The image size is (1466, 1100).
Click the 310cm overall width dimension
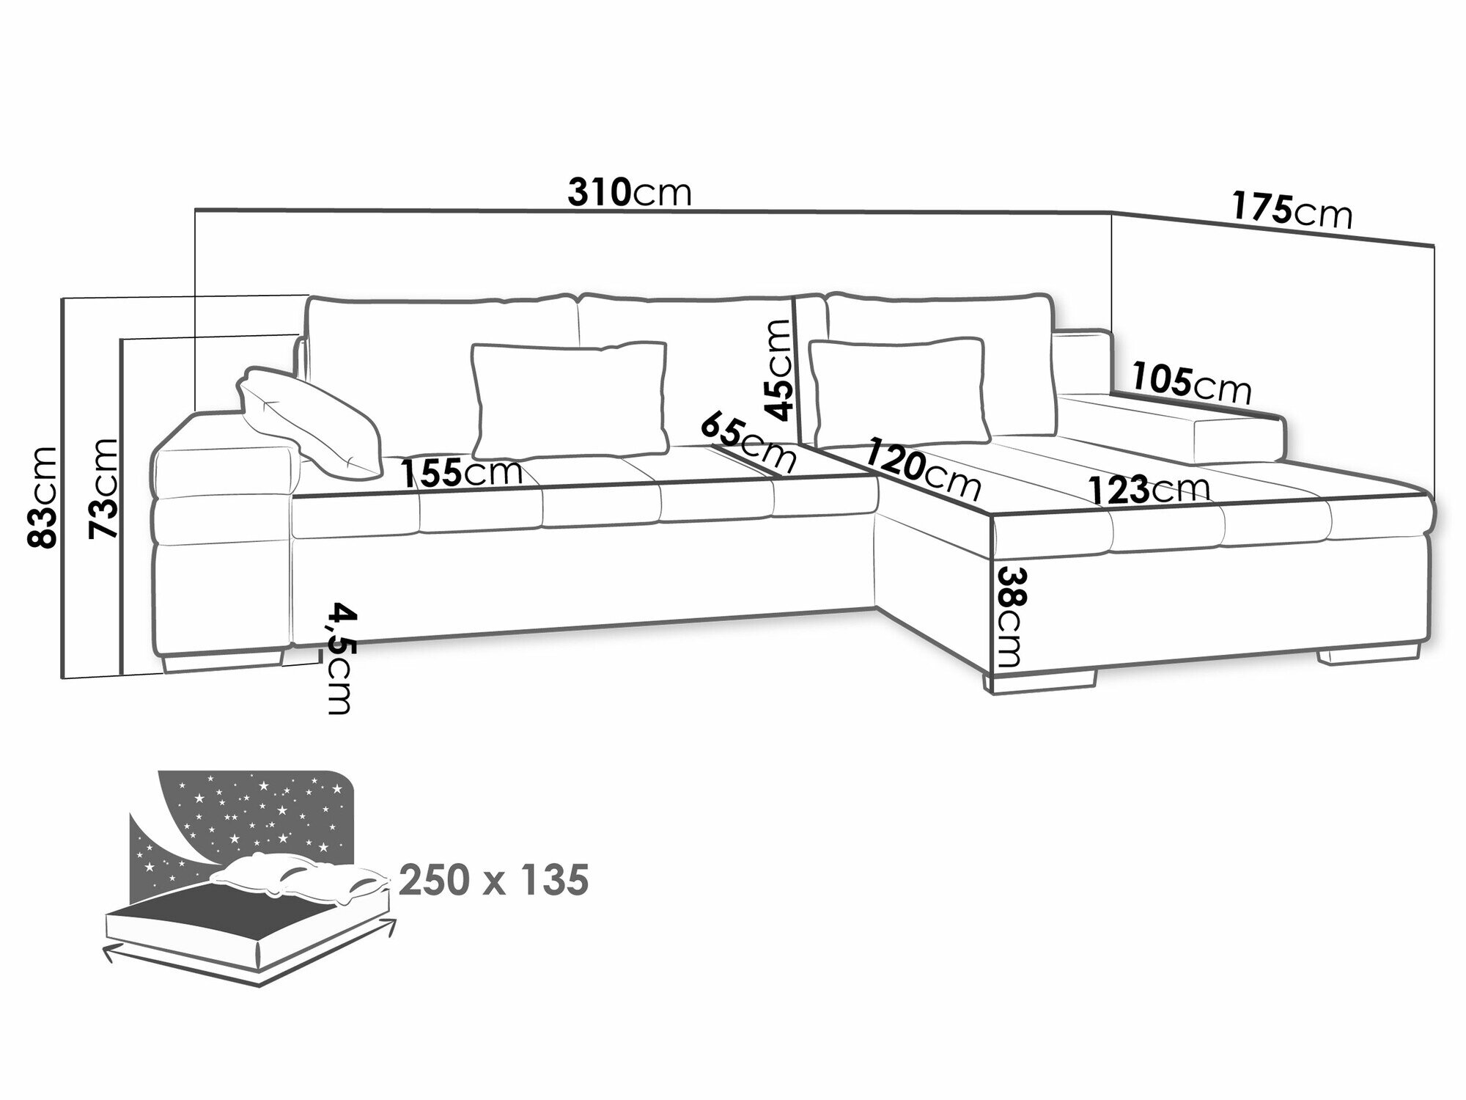pos(630,193)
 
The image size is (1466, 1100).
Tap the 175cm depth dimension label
pos(1292,210)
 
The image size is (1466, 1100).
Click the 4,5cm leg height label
pos(339,658)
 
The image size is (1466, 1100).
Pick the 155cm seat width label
pos(463,474)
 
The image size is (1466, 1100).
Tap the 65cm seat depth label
pos(748,442)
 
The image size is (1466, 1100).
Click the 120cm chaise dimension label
pos(923,469)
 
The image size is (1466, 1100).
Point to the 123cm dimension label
pos(1149,489)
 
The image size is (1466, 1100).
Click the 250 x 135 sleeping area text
pos(494,880)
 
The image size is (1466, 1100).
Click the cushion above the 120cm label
pos(897,392)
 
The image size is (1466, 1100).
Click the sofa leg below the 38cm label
pos(1039,681)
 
